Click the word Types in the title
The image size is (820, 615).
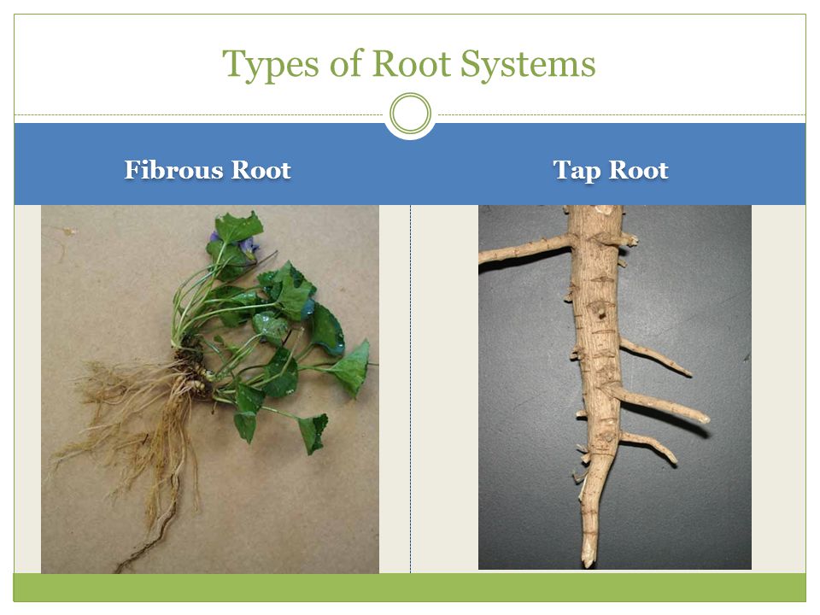point(270,64)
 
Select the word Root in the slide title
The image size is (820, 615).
point(411,63)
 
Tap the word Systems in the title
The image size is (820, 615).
point(528,64)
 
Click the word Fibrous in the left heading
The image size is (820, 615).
point(173,170)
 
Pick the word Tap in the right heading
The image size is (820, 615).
point(577,171)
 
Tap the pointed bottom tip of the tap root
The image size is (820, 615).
point(589,565)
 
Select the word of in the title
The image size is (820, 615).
point(345,63)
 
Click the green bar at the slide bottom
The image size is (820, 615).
point(409,588)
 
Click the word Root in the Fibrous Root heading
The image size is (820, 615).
point(261,170)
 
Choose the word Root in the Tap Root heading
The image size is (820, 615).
point(639,170)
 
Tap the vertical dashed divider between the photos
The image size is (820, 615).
point(411,389)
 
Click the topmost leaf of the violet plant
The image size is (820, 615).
point(239,227)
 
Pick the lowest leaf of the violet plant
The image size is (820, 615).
point(313,433)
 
